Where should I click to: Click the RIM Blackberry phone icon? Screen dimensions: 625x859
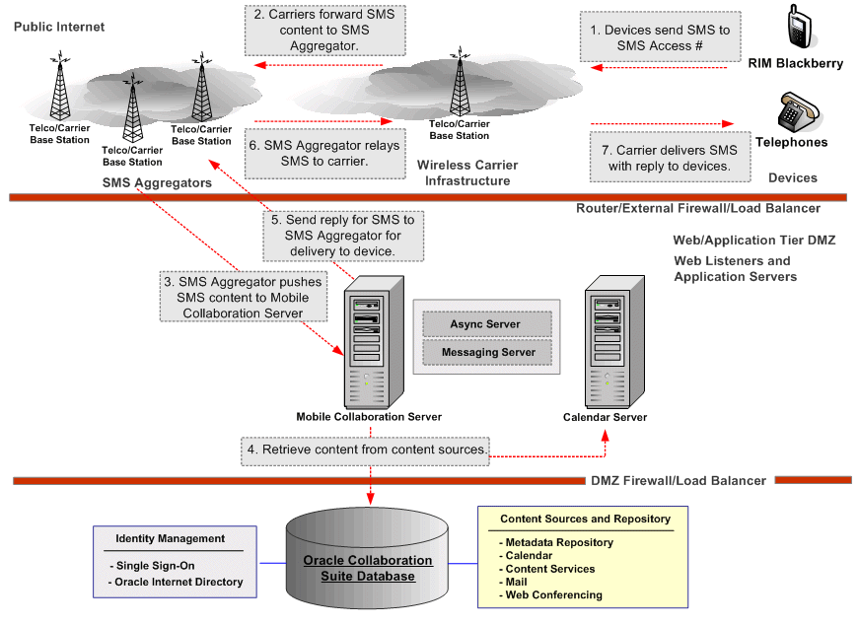click(800, 28)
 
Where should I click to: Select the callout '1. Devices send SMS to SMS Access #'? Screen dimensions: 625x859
click(660, 37)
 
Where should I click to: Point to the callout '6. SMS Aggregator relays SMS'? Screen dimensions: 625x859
click(323, 153)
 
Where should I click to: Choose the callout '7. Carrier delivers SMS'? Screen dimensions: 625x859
click(663, 158)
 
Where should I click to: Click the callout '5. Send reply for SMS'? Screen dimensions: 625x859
click(344, 236)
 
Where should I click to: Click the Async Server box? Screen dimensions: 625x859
click(485, 324)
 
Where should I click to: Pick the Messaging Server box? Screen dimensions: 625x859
click(488, 352)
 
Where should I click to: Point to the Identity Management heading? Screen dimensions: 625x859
click(171, 538)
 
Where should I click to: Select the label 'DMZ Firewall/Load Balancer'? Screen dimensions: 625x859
click(679, 480)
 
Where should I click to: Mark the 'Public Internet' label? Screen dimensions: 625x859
click(59, 28)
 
